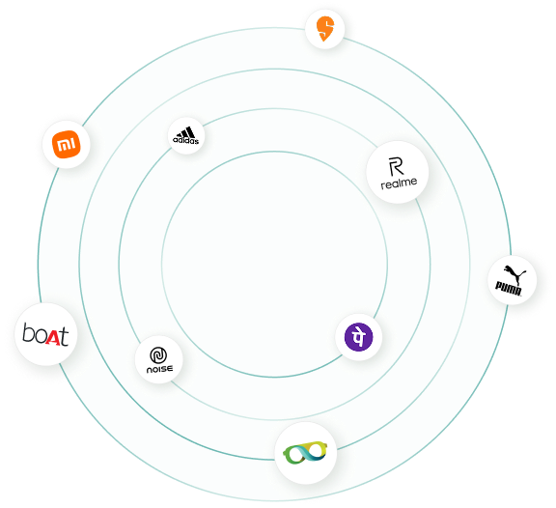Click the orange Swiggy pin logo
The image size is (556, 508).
tap(324, 29)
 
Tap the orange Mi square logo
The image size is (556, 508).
tap(67, 144)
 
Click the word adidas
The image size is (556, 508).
tap(185, 140)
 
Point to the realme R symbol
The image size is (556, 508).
tap(396, 167)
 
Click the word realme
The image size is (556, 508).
tap(399, 183)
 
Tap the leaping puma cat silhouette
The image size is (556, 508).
tap(514, 273)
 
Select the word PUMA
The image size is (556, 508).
tap(509, 289)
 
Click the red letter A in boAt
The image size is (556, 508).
tap(53, 337)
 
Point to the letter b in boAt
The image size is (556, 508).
tap(27, 332)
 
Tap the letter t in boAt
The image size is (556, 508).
tap(64, 336)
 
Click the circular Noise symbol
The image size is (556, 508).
tap(158, 355)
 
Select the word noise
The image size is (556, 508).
tap(159, 369)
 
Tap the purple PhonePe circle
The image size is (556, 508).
tap(359, 337)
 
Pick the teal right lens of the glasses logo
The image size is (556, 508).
tap(317, 450)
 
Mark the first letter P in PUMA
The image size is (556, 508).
tap(499, 286)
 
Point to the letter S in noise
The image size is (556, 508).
tap(164, 369)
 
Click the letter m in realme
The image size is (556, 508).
tap(406, 183)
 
